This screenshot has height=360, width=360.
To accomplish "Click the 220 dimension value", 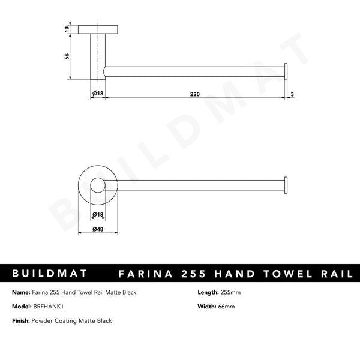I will pyautogui.click(x=195, y=94).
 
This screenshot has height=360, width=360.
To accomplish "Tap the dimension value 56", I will pyautogui.click(x=67, y=56).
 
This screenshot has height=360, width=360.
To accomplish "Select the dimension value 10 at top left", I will pyautogui.click(x=67, y=29).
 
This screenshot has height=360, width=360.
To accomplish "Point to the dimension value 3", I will pyautogui.click(x=292, y=94).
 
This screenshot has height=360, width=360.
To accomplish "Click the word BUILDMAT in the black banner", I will pyautogui.click(x=50, y=274).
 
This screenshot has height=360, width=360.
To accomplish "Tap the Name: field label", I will pyautogui.click(x=20, y=292).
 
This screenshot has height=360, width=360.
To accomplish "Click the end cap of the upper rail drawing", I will pyautogui.click(x=286, y=71).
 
